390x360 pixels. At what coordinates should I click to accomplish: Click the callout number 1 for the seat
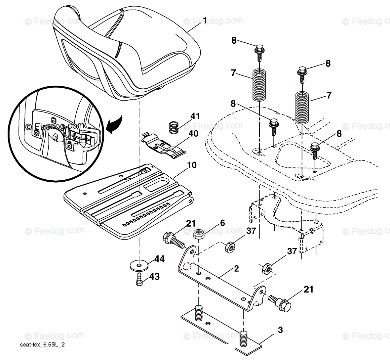[x=205, y=21]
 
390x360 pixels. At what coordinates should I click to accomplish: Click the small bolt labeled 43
[x=139, y=278]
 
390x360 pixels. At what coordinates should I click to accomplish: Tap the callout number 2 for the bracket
[x=236, y=268]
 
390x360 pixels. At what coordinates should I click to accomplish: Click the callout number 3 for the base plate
[x=280, y=330]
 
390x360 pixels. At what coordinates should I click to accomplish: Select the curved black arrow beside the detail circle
[x=116, y=126]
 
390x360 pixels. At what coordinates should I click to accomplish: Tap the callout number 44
[x=160, y=258]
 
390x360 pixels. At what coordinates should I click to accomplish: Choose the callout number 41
[x=195, y=116]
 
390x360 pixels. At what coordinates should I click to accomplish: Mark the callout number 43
[x=154, y=276]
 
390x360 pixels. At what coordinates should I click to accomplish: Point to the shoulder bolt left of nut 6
[x=173, y=240]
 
